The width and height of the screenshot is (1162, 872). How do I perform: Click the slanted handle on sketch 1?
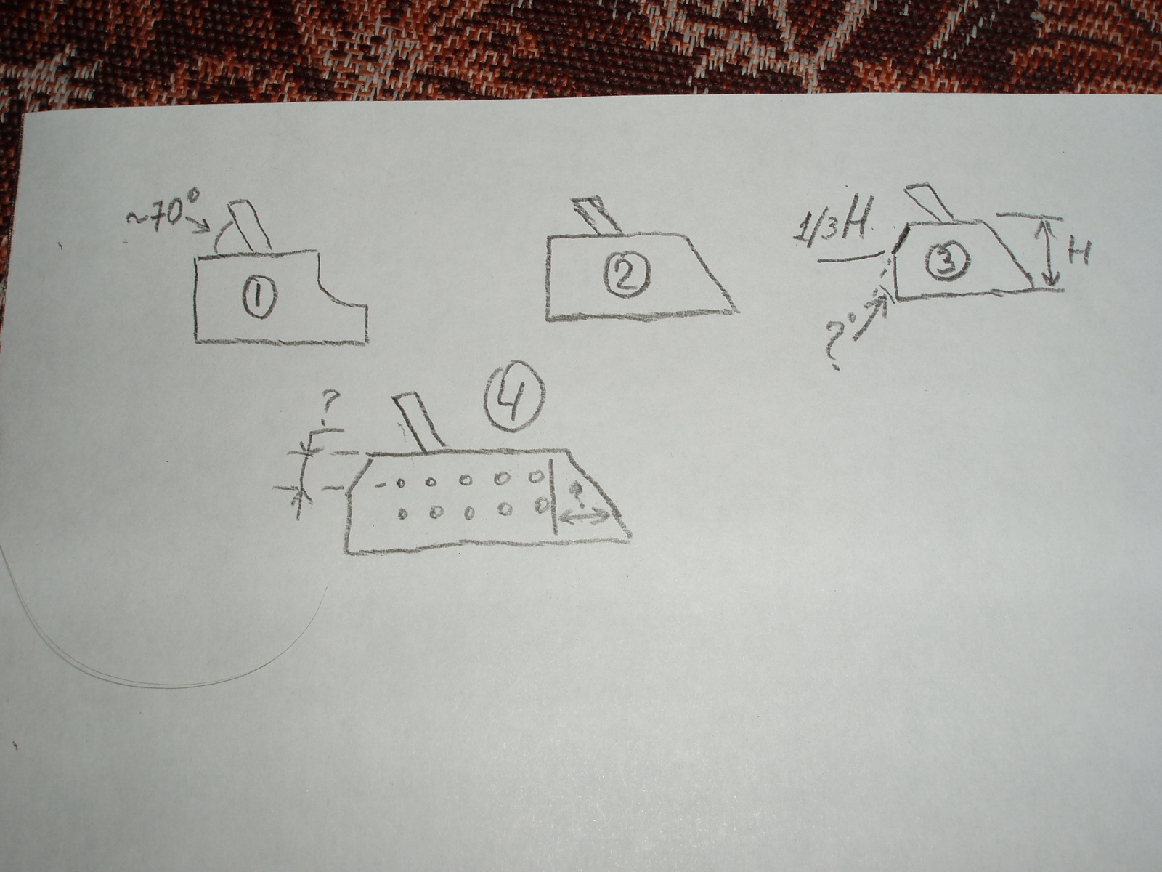(251, 226)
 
